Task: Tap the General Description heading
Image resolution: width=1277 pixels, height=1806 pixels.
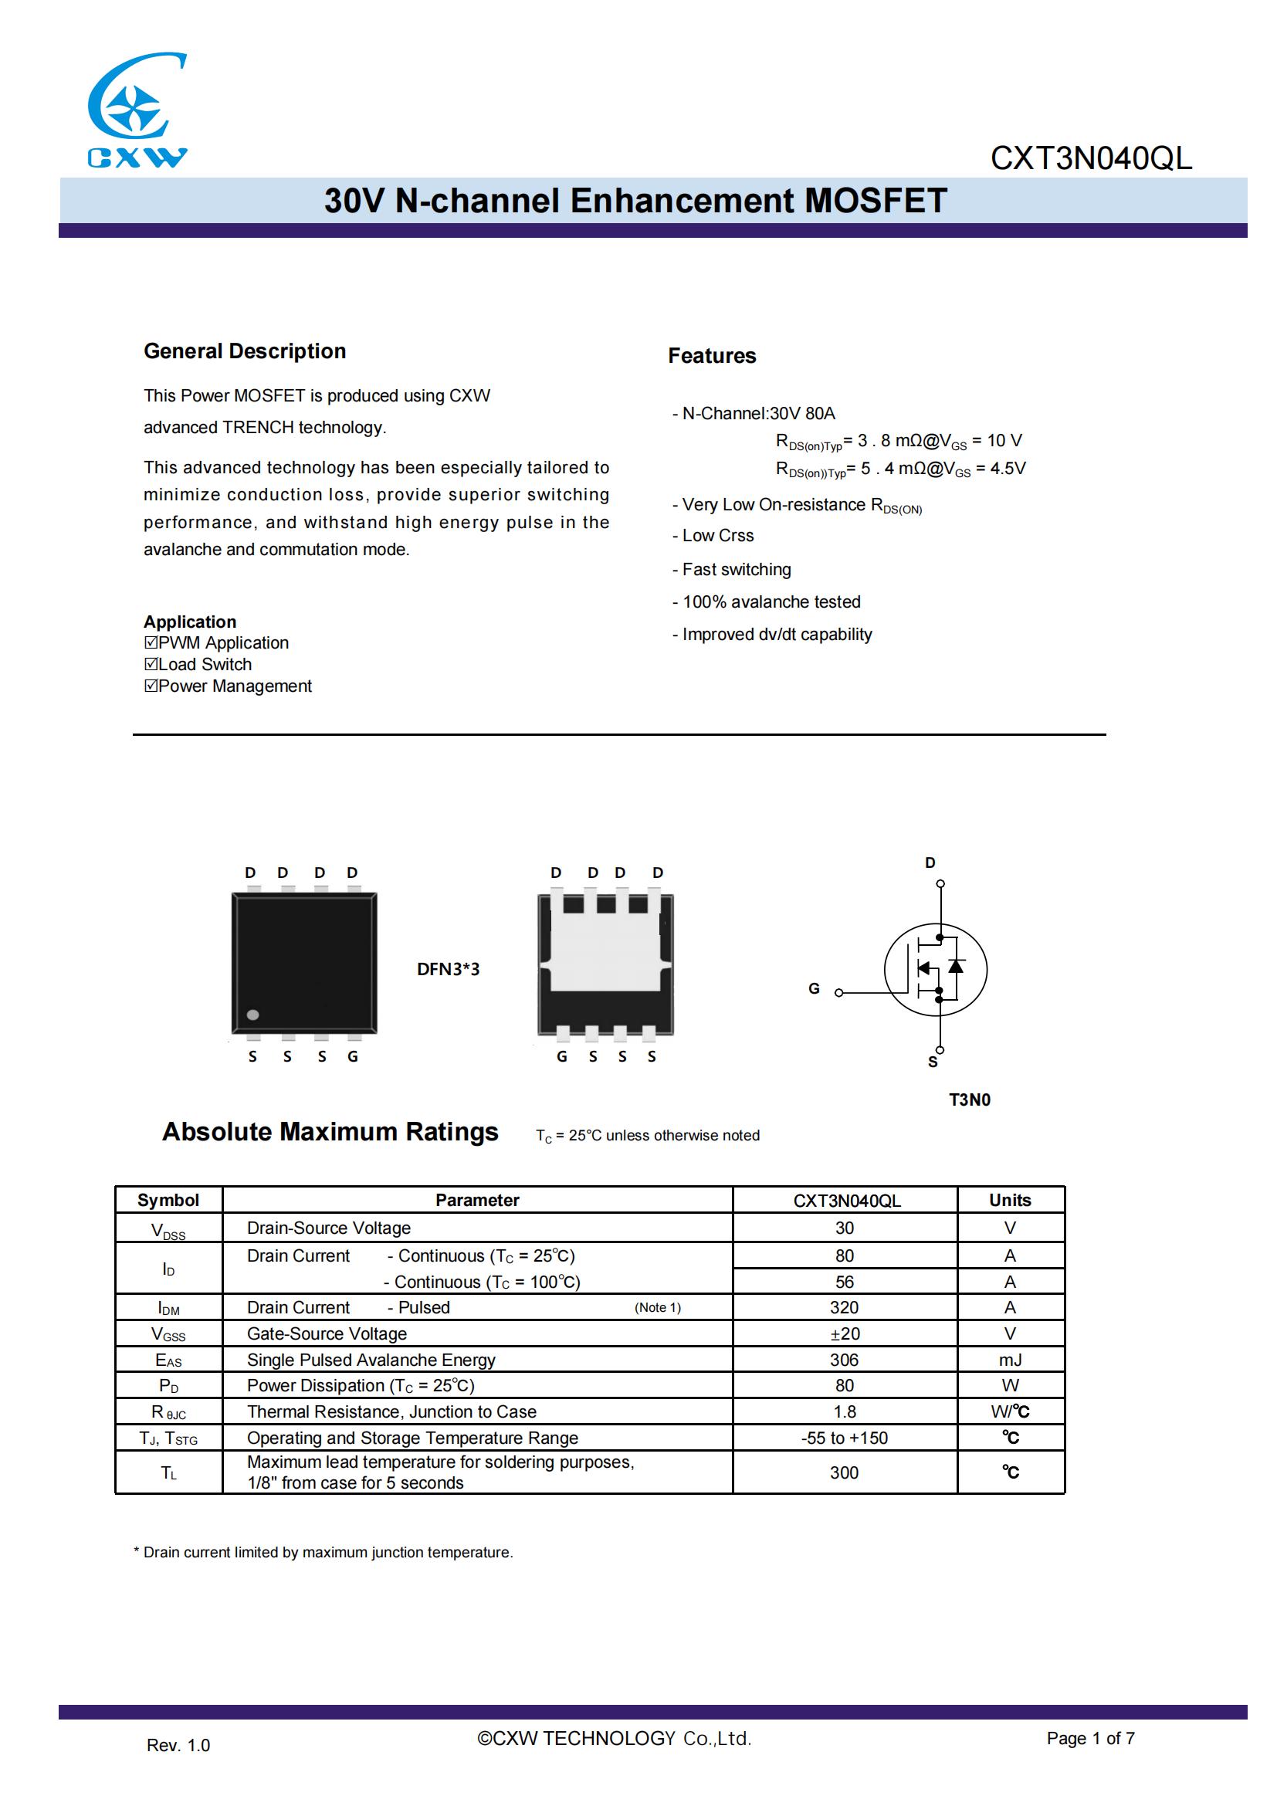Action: point(245,351)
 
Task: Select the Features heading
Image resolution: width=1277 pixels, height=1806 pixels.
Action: point(712,355)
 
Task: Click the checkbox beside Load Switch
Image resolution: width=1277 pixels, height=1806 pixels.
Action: point(151,664)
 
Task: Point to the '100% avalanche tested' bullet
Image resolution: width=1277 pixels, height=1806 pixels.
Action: point(771,601)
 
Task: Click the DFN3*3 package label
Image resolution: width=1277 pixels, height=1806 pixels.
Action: point(449,969)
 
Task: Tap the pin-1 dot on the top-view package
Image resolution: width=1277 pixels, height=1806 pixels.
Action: point(252,1015)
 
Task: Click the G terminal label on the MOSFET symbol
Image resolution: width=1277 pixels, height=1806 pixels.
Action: point(814,989)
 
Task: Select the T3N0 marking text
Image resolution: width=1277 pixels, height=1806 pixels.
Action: point(970,1100)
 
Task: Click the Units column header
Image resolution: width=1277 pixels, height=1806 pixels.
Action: point(1010,1200)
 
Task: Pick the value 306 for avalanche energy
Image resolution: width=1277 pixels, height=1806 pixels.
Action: point(844,1360)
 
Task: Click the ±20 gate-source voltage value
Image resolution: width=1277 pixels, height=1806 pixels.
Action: point(845,1334)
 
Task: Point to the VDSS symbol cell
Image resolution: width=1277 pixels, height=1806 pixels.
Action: point(168,1229)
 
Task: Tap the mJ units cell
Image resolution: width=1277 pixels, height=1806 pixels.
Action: point(1010,1360)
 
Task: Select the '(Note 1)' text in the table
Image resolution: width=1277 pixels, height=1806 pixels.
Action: point(657,1307)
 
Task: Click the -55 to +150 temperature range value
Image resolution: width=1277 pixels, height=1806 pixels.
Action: point(844,1438)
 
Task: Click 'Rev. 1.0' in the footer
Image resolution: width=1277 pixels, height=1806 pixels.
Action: point(178,1746)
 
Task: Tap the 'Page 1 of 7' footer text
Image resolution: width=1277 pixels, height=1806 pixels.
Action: point(1090,1738)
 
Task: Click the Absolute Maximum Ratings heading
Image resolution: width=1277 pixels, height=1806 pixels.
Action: point(330,1132)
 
